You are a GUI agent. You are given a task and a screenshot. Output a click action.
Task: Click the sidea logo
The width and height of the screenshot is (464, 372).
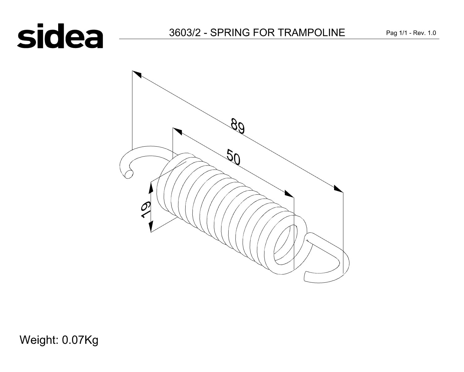(x=60, y=36)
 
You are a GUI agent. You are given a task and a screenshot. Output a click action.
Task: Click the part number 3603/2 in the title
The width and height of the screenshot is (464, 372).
(x=185, y=33)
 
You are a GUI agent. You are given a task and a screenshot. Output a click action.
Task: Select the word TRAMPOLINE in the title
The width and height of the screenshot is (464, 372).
(x=311, y=33)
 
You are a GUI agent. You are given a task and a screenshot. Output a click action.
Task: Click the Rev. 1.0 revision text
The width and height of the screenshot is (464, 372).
(x=424, y=33)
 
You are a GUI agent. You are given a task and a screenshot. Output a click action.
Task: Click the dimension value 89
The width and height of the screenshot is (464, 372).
(x=238, y=126)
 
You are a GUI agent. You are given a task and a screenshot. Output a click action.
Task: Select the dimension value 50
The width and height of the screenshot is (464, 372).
(x=233, y=157)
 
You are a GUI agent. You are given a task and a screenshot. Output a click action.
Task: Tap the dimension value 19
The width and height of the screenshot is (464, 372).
(x=145, y=210)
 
